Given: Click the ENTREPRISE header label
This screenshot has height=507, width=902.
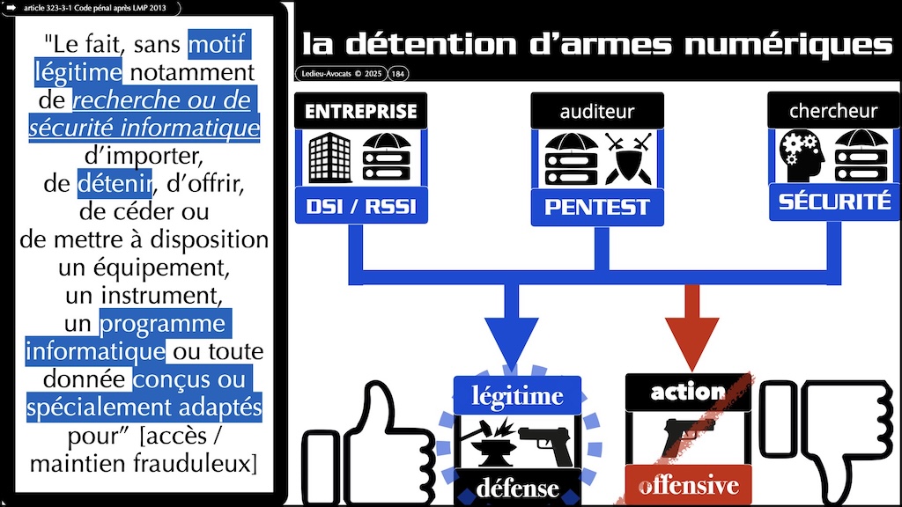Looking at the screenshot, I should pos(361,112).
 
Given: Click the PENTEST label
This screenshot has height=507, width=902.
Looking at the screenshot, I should pos(597,207).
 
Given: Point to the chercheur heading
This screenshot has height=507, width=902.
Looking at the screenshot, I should pos(833,112).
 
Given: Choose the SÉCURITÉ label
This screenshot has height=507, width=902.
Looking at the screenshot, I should pos(833,202).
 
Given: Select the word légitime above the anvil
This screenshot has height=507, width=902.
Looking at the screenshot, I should pos(517,396).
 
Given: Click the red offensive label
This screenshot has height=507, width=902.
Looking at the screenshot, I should pos(688,485).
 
